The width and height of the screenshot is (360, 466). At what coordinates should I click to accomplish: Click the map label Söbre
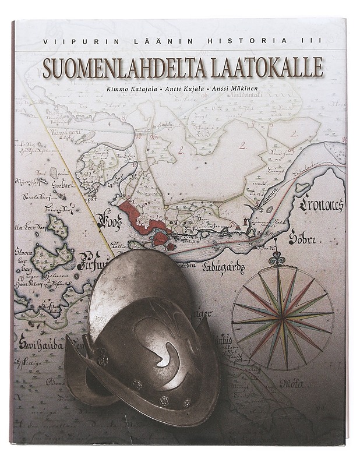301,239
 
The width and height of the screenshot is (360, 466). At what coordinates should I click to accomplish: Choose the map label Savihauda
36,344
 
